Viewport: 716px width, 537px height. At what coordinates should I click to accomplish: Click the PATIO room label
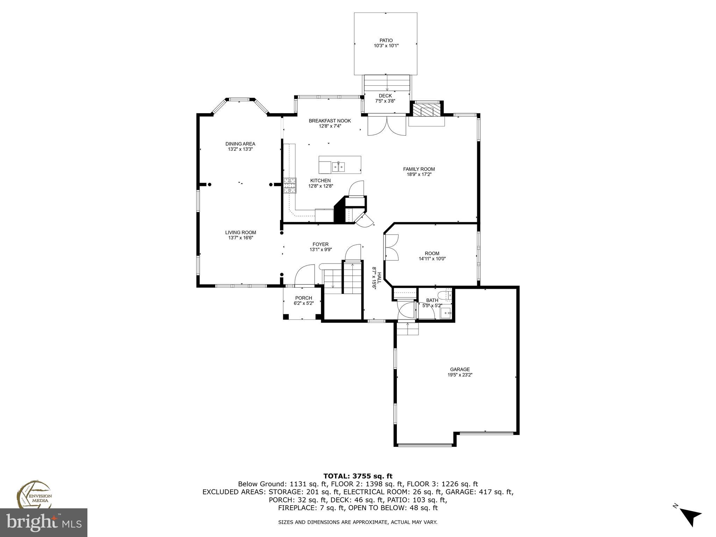[x=386, y=40]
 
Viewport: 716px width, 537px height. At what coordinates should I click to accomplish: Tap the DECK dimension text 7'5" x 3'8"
[x=385, y=101]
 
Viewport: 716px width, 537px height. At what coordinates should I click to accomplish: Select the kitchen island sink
[x=338, y=167]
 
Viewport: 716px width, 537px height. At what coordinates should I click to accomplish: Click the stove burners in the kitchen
[x=289, y=186]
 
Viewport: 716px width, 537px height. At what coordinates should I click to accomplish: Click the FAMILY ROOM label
[x=419, y=169]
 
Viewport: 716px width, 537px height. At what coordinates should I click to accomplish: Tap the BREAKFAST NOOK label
[x=330, y=121]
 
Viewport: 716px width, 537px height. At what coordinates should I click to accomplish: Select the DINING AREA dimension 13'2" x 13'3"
[x=240, y=149]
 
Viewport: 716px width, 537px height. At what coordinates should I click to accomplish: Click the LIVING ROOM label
[x=241, y=232]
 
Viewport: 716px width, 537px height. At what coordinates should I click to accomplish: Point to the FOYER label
[x=321, y=244]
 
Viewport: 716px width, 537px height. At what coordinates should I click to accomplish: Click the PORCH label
[x=303, y=298]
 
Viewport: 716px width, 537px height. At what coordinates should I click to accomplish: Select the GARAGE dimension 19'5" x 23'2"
[x=460, y=374]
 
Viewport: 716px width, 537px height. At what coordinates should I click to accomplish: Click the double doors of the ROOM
[x=391, y=247]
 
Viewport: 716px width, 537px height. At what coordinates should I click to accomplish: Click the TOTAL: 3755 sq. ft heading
[x=358, y=476]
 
